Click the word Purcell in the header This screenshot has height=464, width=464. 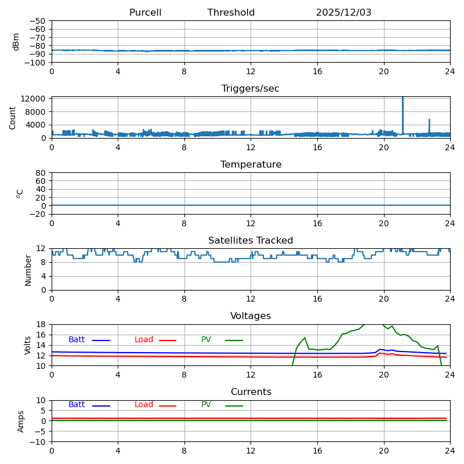tap(145, 13)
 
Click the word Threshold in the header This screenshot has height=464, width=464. tap(231, 13)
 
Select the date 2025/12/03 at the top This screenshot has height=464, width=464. tap(343, 13)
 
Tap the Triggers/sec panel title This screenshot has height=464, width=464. tap(251, 89)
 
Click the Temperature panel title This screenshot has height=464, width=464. tap(251, 165)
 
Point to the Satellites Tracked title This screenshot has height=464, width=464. tap(251, 241)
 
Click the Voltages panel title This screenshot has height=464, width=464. tap(251, 316)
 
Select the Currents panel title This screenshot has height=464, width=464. tap(251, 392)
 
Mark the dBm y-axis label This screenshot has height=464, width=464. tap(16, 41)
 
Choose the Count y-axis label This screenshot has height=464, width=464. tap(13, 117)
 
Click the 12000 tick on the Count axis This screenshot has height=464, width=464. tap(34, 99)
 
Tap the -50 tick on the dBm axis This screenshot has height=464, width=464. tap(38, 21)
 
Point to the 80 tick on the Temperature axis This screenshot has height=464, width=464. tap(41, 173)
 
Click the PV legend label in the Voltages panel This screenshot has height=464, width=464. tap(206, 340)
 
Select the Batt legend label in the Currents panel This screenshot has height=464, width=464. tap(77, 405)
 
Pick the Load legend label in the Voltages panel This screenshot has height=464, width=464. tap(144, 340)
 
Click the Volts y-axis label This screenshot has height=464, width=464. tap(28, 345)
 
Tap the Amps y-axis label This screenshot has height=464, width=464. tap(21, 421)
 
